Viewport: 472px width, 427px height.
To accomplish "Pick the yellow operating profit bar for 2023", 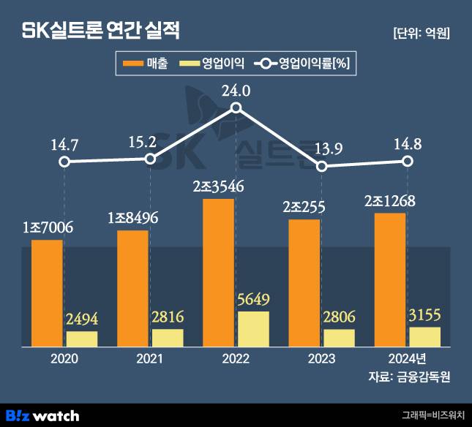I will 339,338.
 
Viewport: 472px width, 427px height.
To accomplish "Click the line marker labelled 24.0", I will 236,108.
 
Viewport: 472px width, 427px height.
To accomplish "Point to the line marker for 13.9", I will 321,167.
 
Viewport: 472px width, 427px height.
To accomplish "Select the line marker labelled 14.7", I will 64,162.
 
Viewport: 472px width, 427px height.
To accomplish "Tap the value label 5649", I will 253,299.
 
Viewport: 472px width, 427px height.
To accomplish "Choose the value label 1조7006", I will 47,227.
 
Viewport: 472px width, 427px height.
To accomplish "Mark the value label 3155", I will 425,314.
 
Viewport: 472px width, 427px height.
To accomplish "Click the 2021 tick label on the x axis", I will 150,359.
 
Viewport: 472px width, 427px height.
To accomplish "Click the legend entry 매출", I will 146,64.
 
